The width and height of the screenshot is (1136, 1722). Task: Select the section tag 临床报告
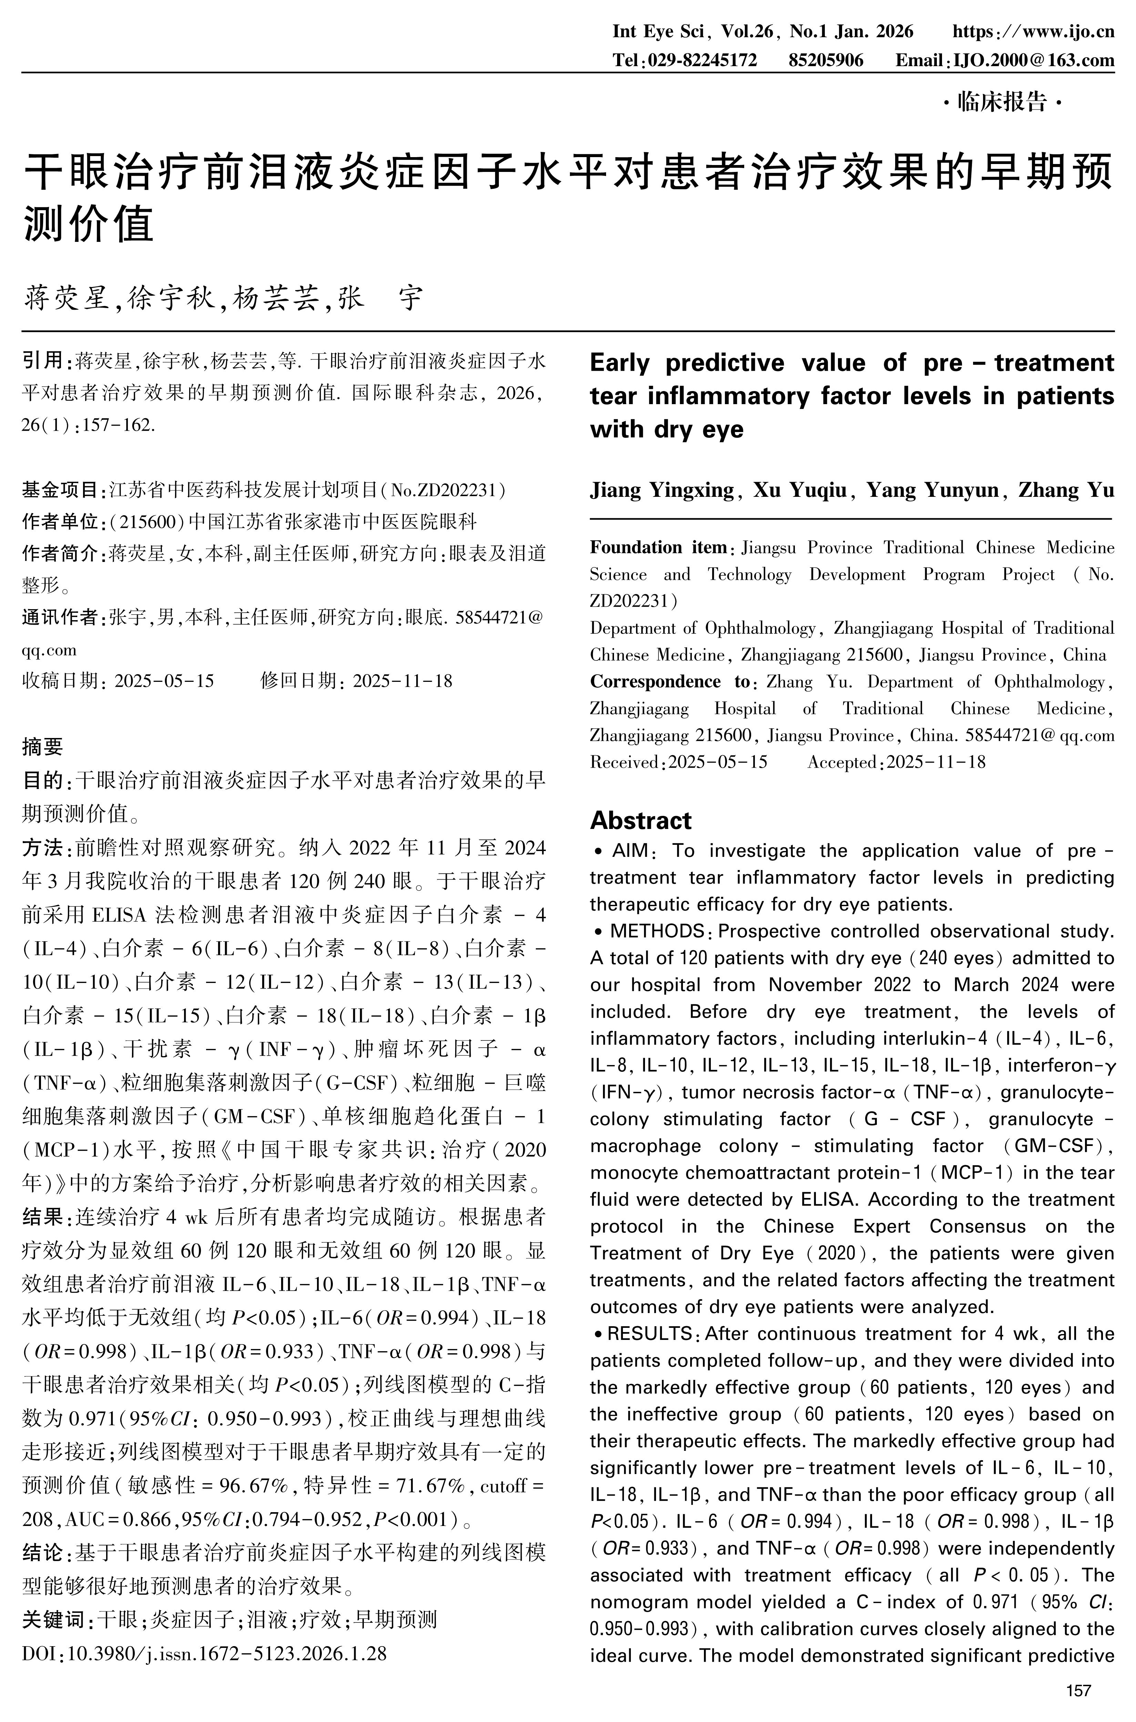coord(1003,102)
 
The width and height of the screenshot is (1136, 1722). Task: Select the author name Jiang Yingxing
coord(662,490)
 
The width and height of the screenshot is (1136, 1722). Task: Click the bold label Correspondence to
coord(669,682)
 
